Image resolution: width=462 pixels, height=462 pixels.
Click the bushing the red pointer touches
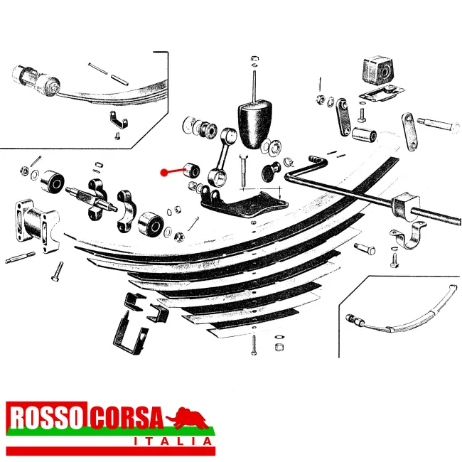[190, 169]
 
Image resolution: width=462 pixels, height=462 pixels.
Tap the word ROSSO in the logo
[47, 419]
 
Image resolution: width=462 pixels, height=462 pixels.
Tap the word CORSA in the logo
[126, 419]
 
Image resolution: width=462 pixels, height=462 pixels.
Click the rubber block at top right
[375, 71]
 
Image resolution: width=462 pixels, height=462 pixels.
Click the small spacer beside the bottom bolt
[279, 346]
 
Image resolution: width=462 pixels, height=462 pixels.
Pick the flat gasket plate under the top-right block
[380, 93]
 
